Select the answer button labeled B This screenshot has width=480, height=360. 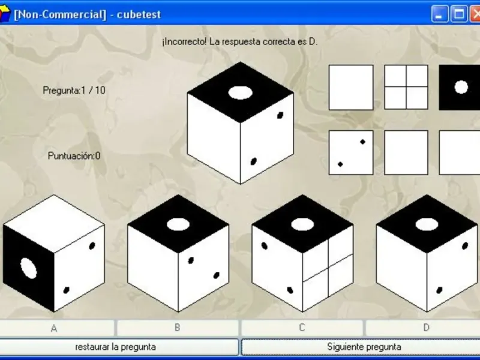pos(178,328)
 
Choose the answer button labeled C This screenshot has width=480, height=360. pos(302,328)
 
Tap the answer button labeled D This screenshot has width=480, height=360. pos(425,328)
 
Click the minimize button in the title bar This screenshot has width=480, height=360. pos(440,14)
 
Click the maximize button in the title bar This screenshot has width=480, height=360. pos(459,14)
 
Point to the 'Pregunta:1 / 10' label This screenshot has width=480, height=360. pos(74,91)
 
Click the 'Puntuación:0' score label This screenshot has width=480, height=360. pos(74,156)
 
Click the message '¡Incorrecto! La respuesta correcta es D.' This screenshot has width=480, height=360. pos(240,41)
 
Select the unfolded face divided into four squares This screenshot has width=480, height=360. pos(406,87)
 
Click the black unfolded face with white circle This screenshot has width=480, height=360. pos(460,87)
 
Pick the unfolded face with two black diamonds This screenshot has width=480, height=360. pos(351,153)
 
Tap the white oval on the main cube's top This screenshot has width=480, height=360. pos(241,93)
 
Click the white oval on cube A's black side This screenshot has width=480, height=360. pos(29,268)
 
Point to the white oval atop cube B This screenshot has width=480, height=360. pos(178,224)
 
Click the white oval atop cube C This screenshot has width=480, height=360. pos(302,224)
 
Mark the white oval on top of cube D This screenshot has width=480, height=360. pos(427,224)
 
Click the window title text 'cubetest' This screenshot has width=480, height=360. pos(139,14)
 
